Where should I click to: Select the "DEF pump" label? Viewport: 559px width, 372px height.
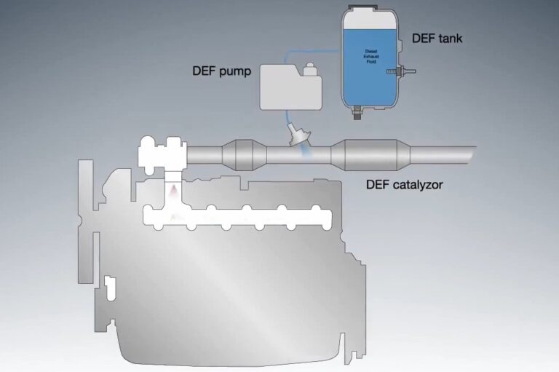(x=218, y=72)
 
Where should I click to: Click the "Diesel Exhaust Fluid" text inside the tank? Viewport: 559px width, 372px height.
(x=370, y=55)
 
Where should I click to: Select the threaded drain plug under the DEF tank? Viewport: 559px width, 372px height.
(x=357, y=113)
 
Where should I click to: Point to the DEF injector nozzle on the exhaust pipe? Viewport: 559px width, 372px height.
(x=298, y=135)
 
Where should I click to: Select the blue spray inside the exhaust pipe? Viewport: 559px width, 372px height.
(x=306, y=153)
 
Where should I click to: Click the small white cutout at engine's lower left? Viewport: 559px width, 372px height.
(x=111, y=287)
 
